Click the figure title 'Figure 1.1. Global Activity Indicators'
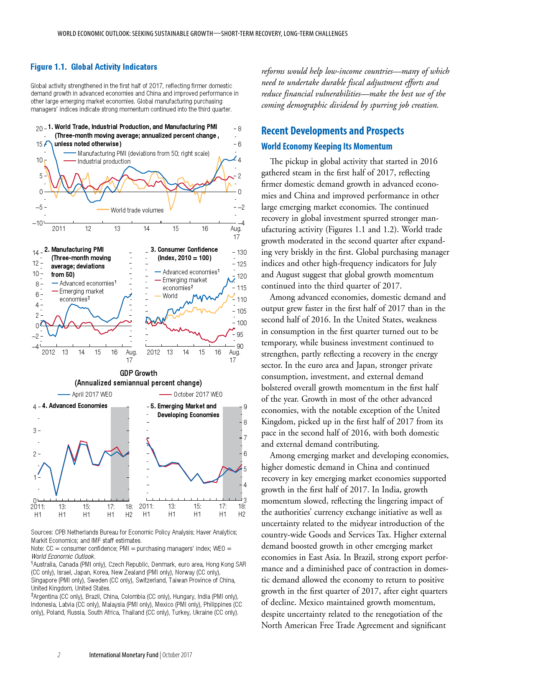click(x=94, y=67)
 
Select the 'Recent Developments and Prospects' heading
click(x=332, y=131)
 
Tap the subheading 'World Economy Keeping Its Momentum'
click(x=326, y=147)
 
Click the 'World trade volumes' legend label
click(x=137, y=210)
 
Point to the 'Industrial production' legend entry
click(x=104, y=162)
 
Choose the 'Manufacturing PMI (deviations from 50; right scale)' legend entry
click(x=143, y=154)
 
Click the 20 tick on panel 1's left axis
click(x=39, y=129)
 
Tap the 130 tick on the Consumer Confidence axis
click(x=242, y=253)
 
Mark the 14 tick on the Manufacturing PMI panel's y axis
click(x=36, y=253)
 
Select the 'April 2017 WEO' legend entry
click(x=92, y=395)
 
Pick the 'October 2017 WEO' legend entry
click(x=198, y=395)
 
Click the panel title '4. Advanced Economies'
click(x=75, y=406)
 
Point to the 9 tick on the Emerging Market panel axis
click(x=245, y=407)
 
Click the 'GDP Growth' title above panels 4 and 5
click(x=138, y=373)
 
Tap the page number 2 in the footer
click(x=59, y=655)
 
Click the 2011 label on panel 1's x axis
click(x=59, y=229)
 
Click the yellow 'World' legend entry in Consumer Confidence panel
click(x=170, y=296)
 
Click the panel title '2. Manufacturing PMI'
click(x=74, y=250)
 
